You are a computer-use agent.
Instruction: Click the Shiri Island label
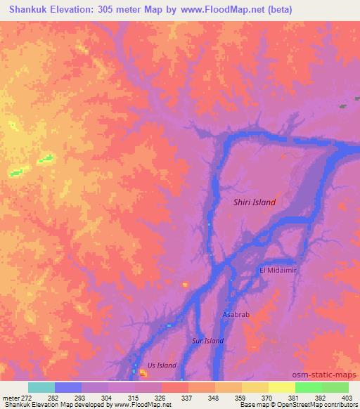(x=254, y=202)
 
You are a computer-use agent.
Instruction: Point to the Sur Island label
(x=207, y=341)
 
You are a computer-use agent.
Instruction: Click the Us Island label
(x=162, y=365)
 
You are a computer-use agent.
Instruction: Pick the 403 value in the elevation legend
(x=348, y=398)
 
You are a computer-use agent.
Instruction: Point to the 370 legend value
(x=268, y=398)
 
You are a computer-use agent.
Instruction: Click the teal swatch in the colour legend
(x=41, y=387)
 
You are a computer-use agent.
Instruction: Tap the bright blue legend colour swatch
(x=68, y=387)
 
